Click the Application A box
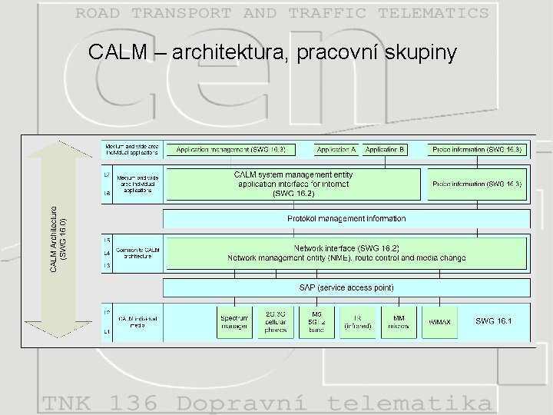[336, 149]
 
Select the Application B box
[386, 149]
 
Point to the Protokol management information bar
[346, 219]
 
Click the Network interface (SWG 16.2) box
[346, 253]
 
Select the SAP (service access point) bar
[346, 287]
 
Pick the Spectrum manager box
[234, 322]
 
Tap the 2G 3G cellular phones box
[276, 322]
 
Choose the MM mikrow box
[399, 322]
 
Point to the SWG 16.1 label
[493, 320]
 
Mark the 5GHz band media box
[317, 322]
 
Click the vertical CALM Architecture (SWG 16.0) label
[58, 238]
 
